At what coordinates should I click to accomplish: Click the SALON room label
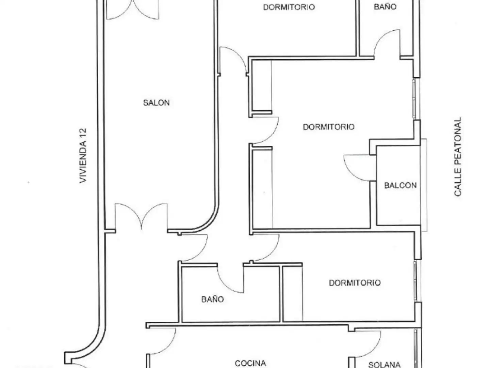pos(156,103)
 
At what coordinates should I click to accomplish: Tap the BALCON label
pos(400,185)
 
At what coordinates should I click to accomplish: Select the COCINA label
pos(250,363)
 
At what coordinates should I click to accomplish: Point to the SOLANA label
pos(384,365)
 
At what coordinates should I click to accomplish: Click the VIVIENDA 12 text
pos(83,156)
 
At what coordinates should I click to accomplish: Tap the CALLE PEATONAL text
pos(458,157)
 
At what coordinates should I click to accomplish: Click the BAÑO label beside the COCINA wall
pos(213,299)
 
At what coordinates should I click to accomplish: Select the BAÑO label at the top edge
pos(385,7)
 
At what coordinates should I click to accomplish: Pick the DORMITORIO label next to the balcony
pos(329,127)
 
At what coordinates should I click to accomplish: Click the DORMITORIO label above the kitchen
pos(355,283)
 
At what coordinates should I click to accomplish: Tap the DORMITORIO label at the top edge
pos(289,7)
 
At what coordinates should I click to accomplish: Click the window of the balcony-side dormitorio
pos(414,98)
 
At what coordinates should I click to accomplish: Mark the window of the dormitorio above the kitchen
pos(415,281)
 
